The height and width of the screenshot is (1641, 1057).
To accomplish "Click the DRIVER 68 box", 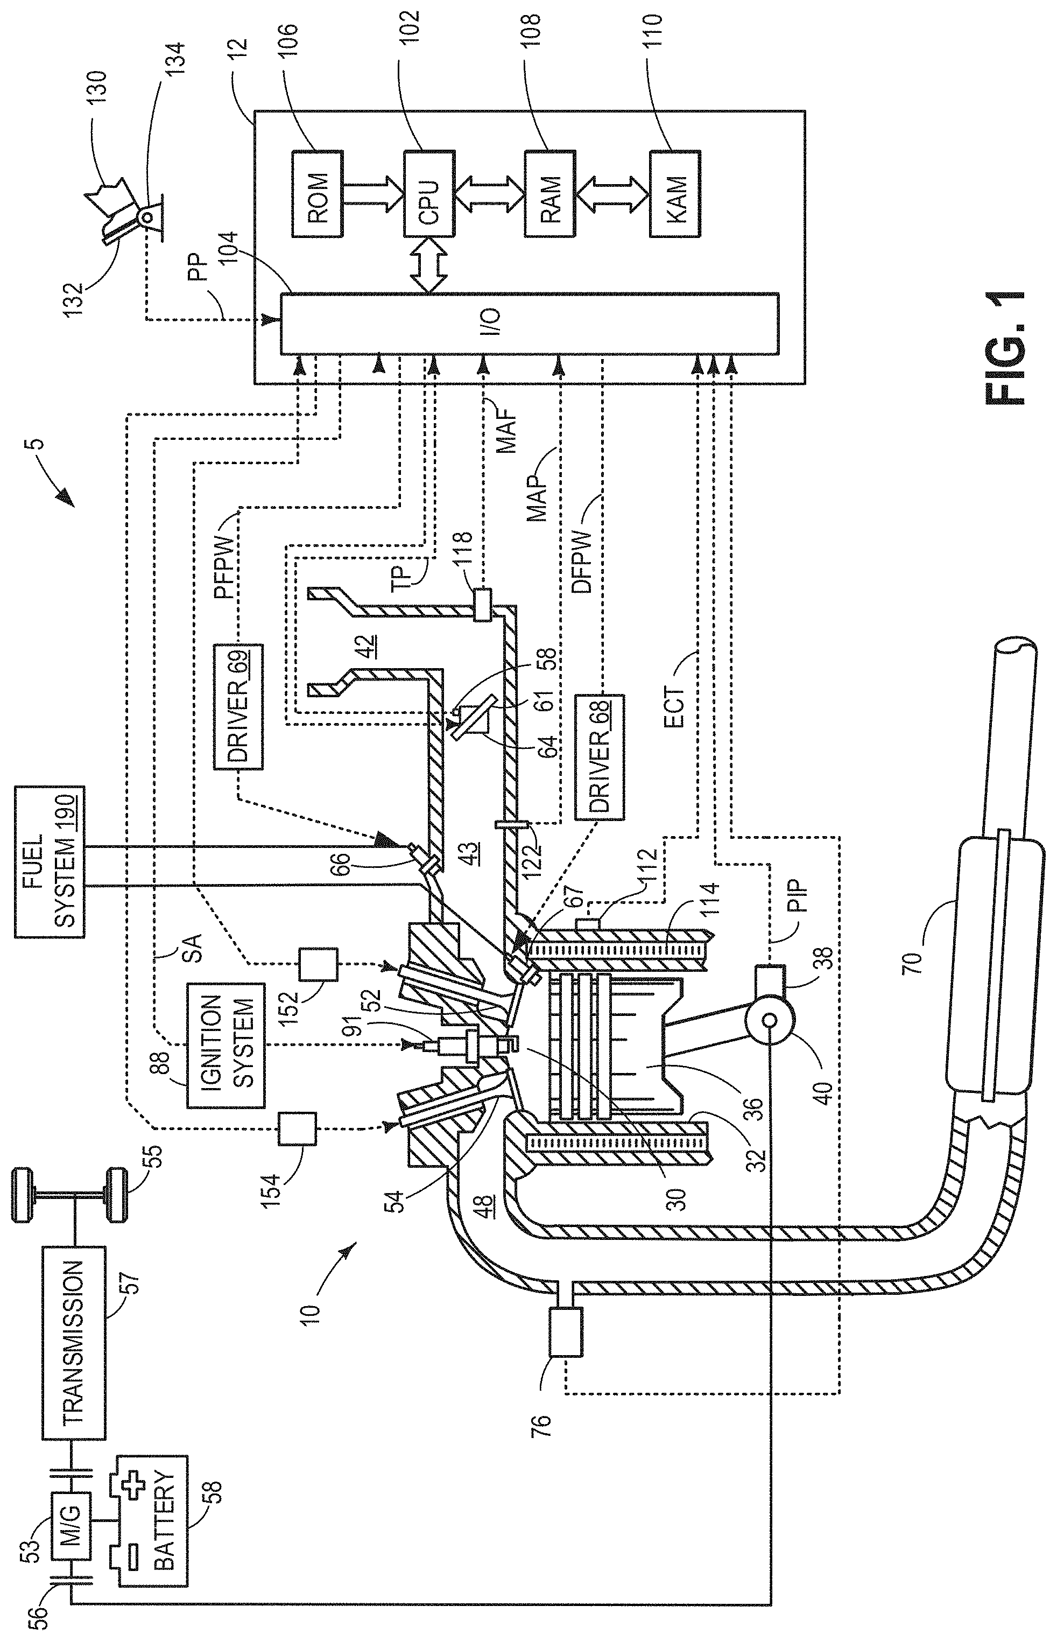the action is click(x=600, y=756).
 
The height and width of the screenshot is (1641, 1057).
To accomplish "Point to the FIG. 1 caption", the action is click(x=1005, y=348).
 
